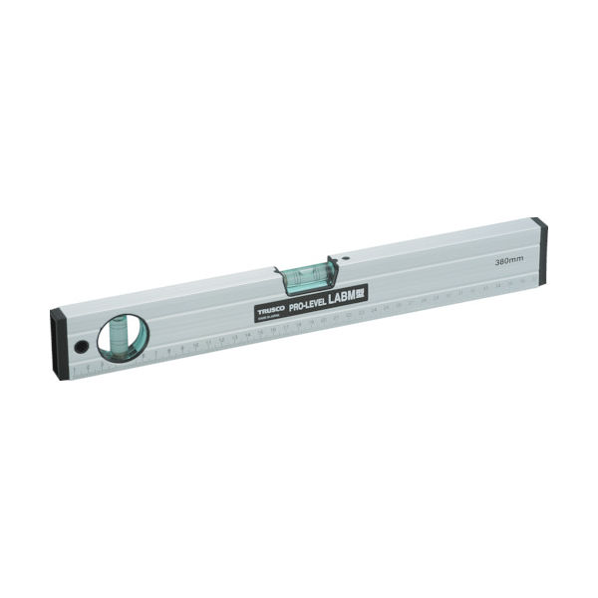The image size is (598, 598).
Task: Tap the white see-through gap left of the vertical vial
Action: click(x=106, y=339)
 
